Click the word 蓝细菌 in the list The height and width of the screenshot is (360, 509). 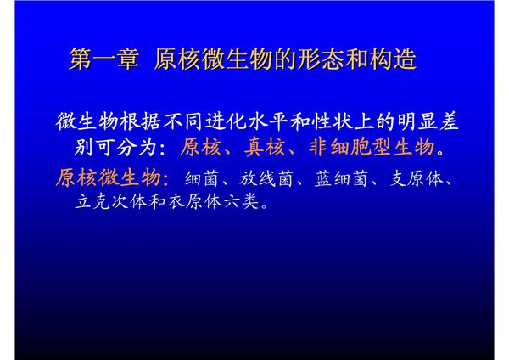[344, 179]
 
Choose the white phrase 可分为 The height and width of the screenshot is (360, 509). [127, 147]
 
